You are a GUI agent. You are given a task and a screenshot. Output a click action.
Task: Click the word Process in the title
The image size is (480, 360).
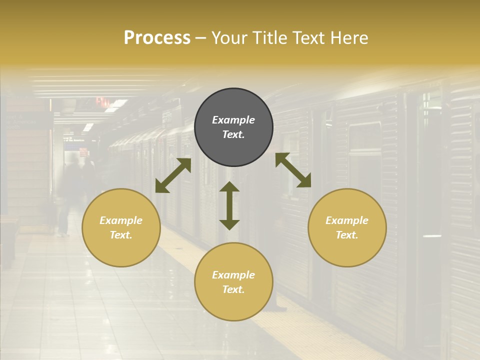[x=157, y=38]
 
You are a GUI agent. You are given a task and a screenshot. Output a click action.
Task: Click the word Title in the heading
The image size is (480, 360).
[x=266, y=38]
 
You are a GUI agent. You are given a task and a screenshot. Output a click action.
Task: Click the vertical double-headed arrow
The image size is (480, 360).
[x=229, y=205]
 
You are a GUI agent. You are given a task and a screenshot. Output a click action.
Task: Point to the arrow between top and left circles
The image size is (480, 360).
[x=173, y=175]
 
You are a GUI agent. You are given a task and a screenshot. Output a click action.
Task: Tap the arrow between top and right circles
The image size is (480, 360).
[x=293, y=170]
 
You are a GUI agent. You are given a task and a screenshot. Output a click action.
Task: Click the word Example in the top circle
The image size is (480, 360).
[x=233, y=120]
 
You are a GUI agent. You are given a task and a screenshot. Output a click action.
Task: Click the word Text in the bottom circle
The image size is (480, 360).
[x=233, y=289]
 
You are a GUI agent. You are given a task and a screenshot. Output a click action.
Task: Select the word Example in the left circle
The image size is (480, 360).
[x=121, y=220]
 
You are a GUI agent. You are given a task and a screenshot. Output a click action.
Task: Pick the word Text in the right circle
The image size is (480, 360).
[x=347, y=235]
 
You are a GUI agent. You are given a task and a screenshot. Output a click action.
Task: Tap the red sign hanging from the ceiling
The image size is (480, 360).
[x=102, y=101]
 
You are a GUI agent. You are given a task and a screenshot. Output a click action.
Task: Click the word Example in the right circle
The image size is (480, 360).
[x=347, y=220]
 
